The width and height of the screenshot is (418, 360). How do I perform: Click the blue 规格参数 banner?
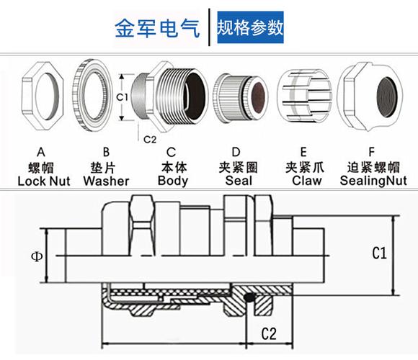(250, 27)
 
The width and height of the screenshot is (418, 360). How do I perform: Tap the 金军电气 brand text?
(157, 28)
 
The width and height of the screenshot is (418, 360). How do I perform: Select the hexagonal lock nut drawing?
(42, 96)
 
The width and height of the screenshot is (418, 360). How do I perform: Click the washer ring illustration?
(92, 95)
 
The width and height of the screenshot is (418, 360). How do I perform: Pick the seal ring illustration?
(240, 98)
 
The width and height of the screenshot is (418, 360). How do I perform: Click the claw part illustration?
(304, 96)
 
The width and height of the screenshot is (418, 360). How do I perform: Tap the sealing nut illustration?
(370, 96)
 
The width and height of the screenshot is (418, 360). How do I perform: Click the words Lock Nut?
(44, 181)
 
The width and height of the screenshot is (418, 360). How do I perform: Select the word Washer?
(106, 181)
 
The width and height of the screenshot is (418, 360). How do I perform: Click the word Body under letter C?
(173, 181)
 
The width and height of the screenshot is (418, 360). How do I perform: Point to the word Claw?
(307, 181)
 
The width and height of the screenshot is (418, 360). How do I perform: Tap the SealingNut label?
(373, 181)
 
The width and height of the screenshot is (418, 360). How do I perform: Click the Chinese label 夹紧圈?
(239, 168)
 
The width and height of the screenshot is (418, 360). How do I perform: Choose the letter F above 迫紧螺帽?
(371, 153)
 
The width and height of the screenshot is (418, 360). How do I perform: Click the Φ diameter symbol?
(37, 256)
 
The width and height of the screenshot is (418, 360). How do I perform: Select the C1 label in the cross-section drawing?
(379, 253)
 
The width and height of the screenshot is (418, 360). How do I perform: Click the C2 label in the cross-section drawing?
(269, 333)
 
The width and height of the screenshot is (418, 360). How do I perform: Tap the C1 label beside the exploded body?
(122, 97)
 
